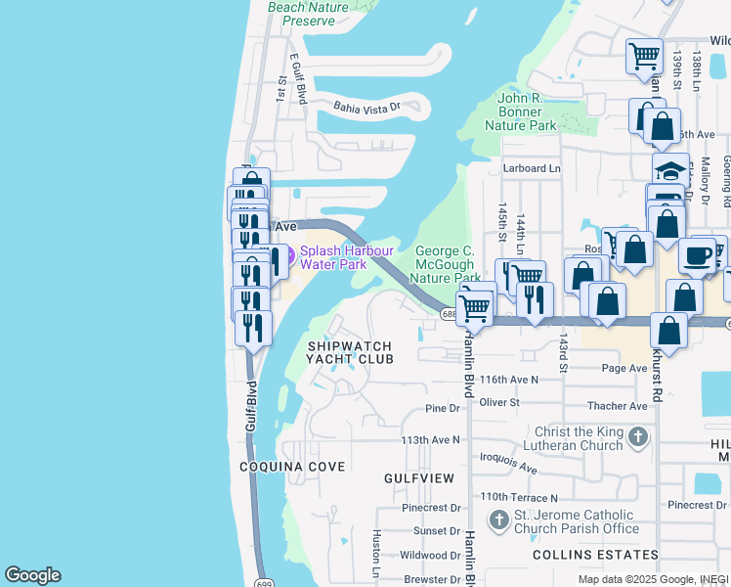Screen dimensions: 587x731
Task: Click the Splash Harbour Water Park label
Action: [346, 256]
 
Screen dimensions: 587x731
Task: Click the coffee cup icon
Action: [697, 255]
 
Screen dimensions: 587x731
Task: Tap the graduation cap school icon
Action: [670, 170]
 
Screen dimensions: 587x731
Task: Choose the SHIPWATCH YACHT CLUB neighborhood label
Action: [350, 352]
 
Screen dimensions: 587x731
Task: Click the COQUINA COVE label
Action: [293, 467]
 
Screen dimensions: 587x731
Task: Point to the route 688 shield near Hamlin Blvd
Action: [448, 314]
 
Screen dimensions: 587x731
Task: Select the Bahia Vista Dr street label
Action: [367, 107]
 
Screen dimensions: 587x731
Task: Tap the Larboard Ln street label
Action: [532, 168]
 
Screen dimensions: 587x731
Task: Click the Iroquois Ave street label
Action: [509, 463]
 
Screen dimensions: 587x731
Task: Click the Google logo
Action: [33, 575]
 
